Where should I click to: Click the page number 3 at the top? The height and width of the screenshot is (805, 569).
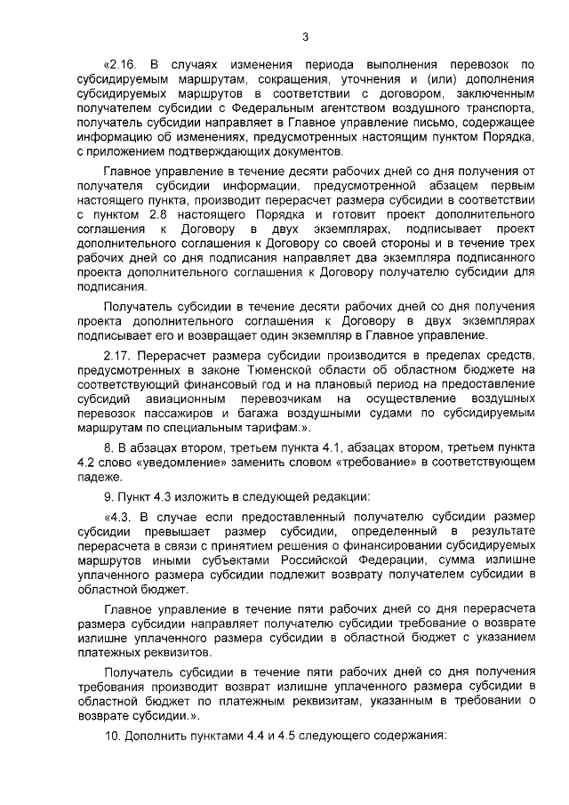tap(305, 36)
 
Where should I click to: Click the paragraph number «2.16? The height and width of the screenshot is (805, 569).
tap(122, 64)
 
